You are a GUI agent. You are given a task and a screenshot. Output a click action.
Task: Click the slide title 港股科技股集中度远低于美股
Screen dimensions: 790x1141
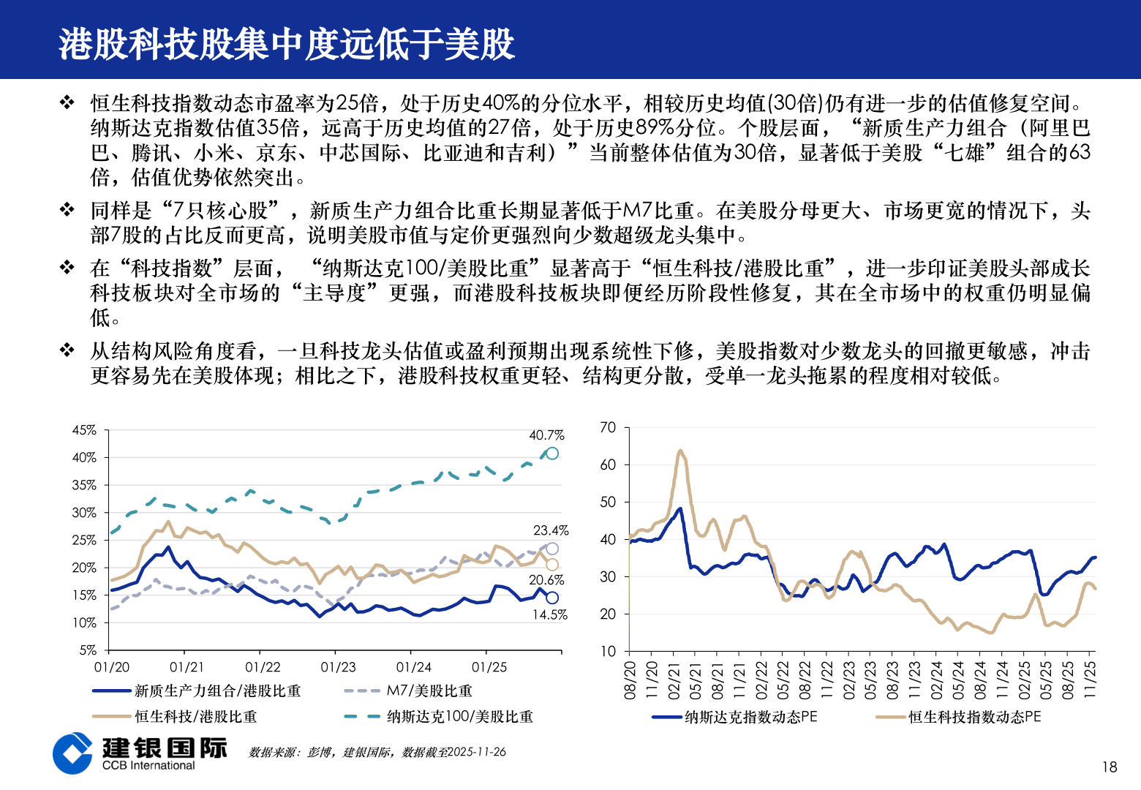[287, 44]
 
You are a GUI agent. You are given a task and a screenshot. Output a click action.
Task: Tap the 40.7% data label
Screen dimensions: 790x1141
[546, 435]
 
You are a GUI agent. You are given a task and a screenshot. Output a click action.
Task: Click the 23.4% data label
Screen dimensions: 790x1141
[551, 530]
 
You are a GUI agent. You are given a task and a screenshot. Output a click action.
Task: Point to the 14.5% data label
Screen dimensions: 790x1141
[549, 615]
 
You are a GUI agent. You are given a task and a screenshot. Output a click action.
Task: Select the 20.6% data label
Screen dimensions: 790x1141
[546, 580]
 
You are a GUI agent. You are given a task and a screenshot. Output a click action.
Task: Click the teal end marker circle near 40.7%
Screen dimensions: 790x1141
[552, 454]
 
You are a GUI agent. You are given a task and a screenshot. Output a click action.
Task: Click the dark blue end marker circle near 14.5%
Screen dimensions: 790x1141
[552, 598]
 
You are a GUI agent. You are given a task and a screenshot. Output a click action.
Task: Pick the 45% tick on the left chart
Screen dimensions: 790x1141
[84, 430]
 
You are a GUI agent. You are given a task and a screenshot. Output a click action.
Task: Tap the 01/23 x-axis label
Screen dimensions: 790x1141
[338, 667]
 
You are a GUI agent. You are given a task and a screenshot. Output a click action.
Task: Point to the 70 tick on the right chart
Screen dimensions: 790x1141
[608, 427]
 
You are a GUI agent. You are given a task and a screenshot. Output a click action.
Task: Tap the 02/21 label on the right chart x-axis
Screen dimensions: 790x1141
[674, 680]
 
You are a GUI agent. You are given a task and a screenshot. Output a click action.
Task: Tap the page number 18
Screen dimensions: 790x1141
[1110, 767]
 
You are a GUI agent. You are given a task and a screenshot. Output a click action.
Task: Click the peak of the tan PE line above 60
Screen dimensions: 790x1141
[680, 451]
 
